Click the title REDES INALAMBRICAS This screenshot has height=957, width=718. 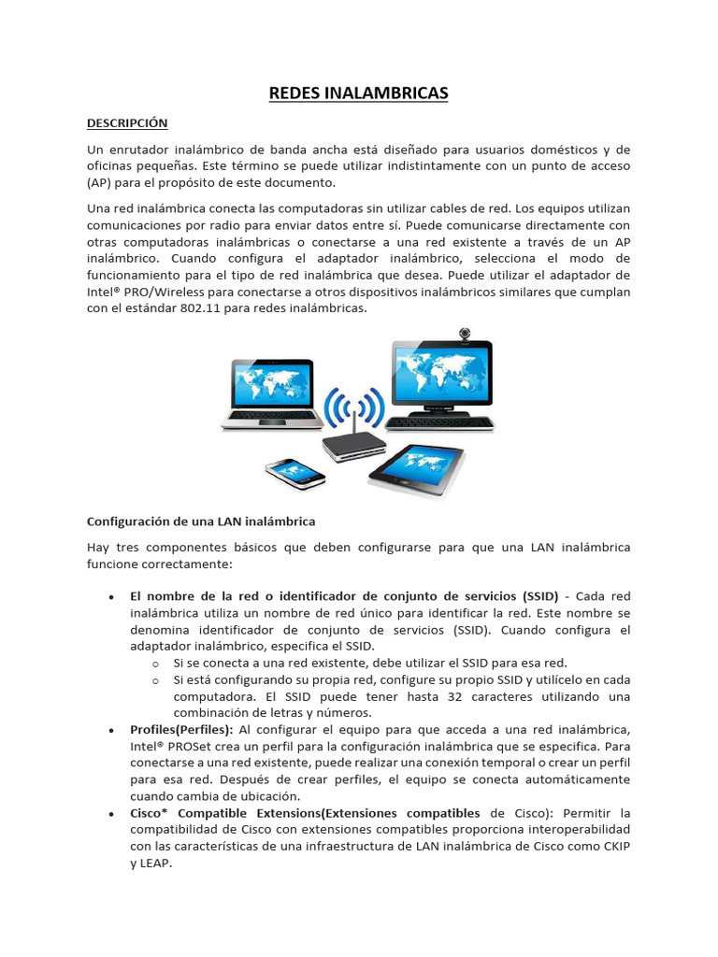359,93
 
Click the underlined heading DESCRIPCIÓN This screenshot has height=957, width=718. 127,122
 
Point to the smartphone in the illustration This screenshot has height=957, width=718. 295,472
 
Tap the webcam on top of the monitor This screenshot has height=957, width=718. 465,334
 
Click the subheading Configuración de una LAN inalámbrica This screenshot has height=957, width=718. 201,521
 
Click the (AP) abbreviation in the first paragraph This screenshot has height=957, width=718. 100,182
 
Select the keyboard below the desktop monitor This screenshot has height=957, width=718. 439,422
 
